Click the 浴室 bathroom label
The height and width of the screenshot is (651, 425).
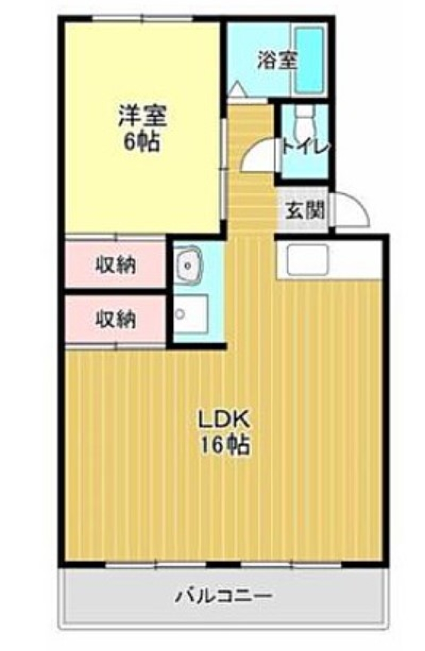click(x=277, y=61)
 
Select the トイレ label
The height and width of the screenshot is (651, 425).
click(x=305, y=147)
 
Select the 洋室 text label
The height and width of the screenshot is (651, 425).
click(x=142, y=116)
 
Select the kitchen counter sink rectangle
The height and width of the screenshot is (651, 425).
click(x=307, y=259)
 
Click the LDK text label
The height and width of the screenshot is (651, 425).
click(x=224, y=419)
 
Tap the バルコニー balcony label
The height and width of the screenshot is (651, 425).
click(x=224, y=596)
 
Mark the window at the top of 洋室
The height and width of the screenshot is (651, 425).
click(x=143, y=19)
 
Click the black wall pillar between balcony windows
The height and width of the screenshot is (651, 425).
click(x=224, y=564)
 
